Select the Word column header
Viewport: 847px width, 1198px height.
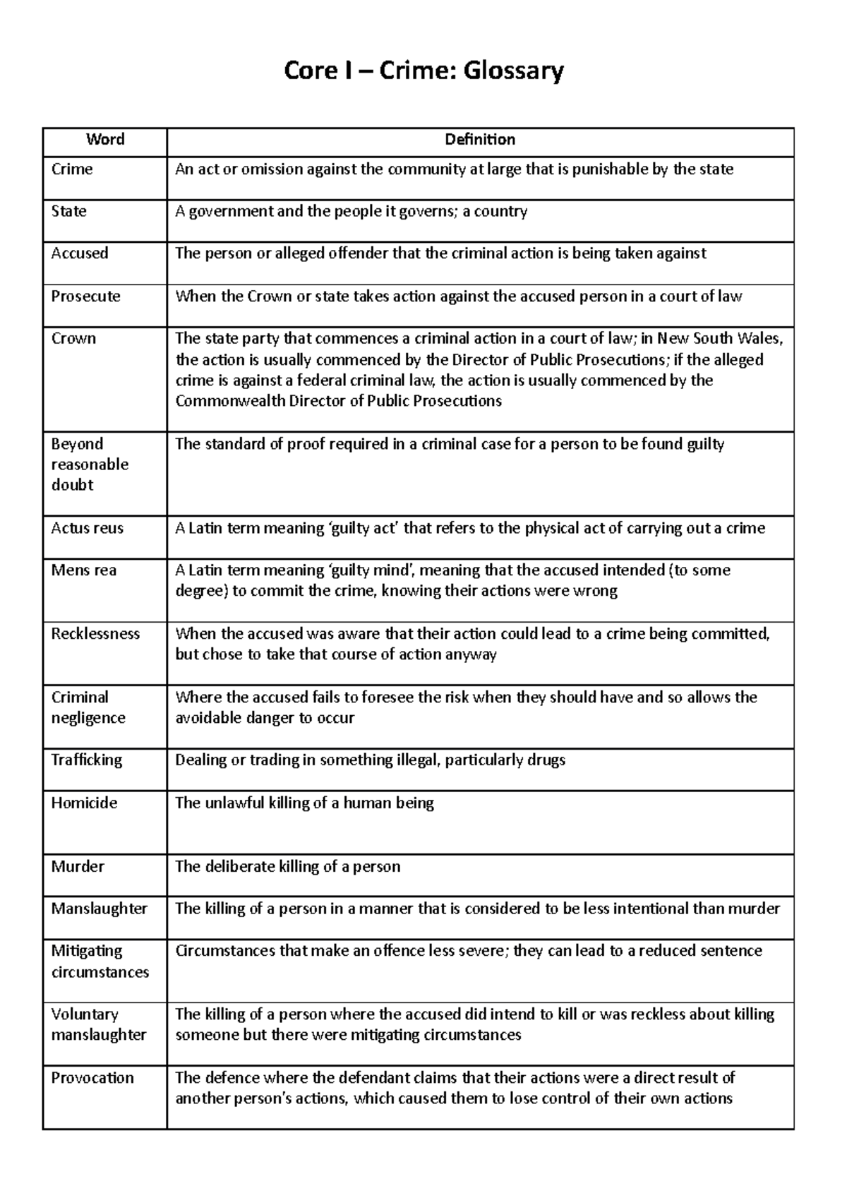pyautogui.click(x=105, y=139)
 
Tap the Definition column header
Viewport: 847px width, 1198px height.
pyautogui.click(x=480, y=139)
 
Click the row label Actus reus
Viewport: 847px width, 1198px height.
pyautogui.click(x=87, y=528)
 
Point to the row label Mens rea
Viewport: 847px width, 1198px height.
pyautogui.click(x=83, y=570)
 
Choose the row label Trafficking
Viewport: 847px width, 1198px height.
pyautogui.click(x=86, y=760)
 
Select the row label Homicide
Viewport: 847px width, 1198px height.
pyautogui.click(x=84, y=803)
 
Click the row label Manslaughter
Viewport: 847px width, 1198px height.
pyautogui.click(x=99, y=909)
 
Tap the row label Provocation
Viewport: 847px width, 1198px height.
pyautogui.click(x=92, y=1078)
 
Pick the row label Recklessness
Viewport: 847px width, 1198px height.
pyautogui.click(x=95, y=634)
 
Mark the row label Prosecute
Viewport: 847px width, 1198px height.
pyautogui.click(x=85, y=296)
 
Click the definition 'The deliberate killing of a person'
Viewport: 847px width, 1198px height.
pyautogui.click(x=287, y=867)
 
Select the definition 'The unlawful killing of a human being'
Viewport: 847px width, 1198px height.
pyautogui.click(x=304, y=803)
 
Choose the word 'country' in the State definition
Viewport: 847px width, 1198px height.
pyautogui.click(x=500, y=212)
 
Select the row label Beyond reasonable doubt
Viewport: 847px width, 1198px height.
pyautogui.click(x=90, y=465)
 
